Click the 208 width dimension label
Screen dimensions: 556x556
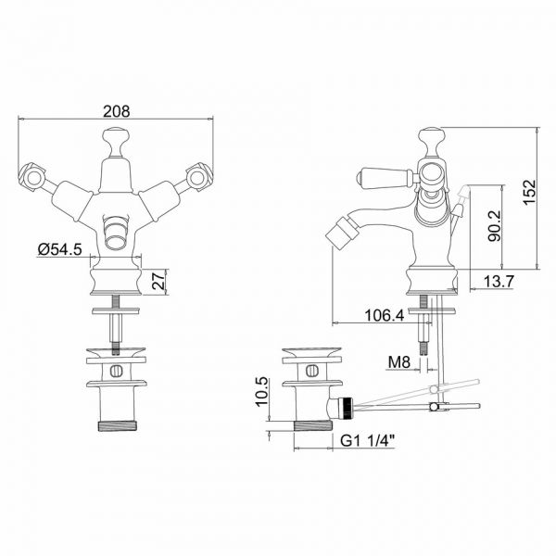[x=117, y=111]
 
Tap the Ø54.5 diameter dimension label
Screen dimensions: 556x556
[x=60, y=249]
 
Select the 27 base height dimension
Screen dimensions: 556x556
[x=160, y=281]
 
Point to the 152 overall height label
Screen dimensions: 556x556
[x=529, y=192]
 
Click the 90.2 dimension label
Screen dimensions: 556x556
[x=494, y=226]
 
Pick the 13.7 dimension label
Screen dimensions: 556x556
[x=499, y=282]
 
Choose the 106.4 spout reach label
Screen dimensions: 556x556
[x=385, y=315]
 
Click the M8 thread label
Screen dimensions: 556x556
[x=399, y=362]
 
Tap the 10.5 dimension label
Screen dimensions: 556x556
[x=262, y=391]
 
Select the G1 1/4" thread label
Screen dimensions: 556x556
[x=367, y=441]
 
